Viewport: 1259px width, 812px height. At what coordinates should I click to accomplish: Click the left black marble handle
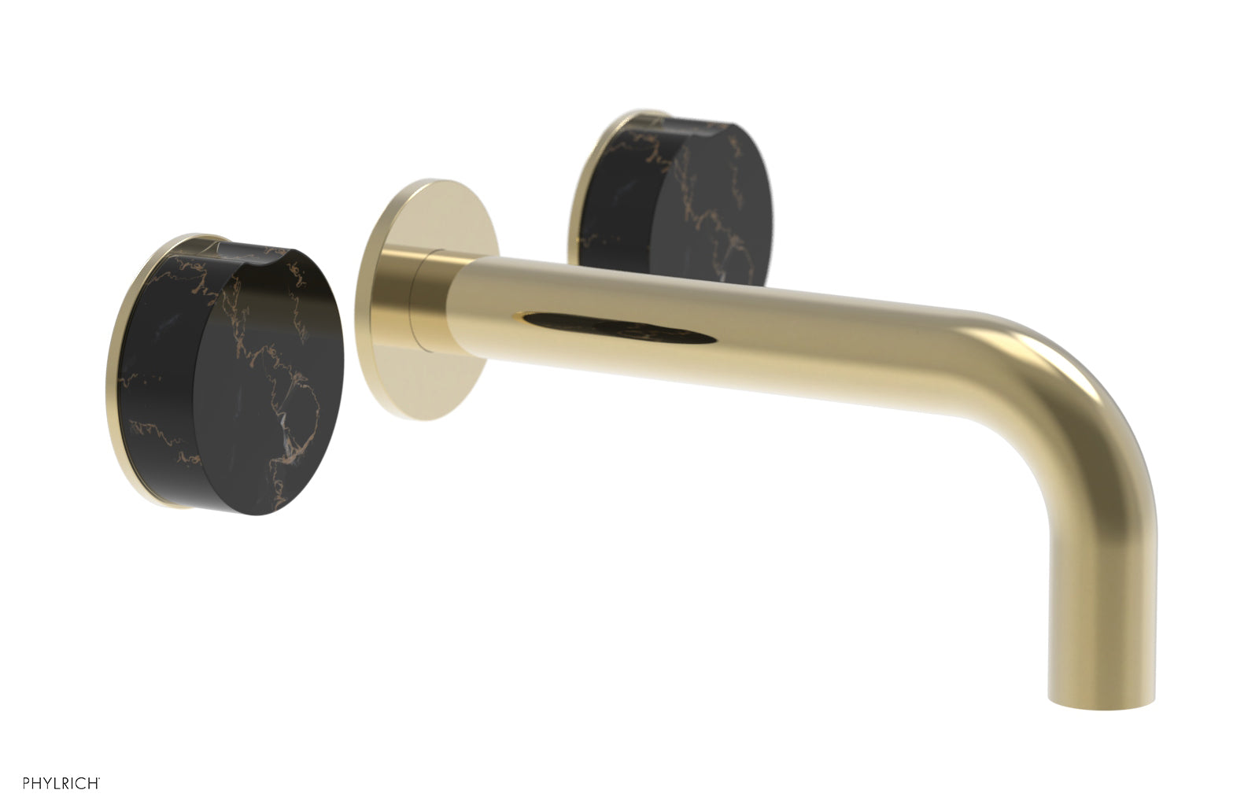228,378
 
